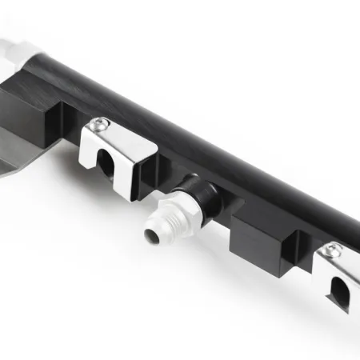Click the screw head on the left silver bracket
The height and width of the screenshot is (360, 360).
99,123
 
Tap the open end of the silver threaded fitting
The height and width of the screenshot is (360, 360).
152,235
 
